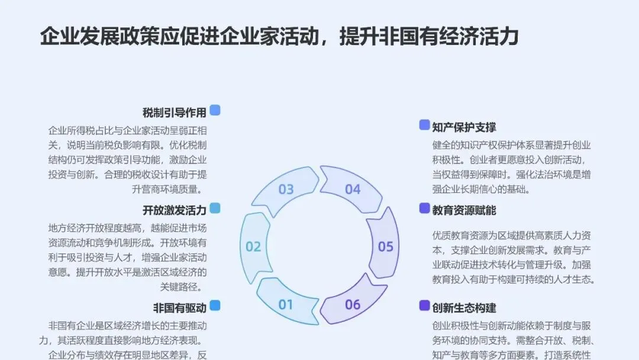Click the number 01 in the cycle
coord(286,305)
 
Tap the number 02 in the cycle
coord(253,247)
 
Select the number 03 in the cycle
coord(286,189)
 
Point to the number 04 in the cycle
coord(353,189)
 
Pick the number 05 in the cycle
coord(386,247)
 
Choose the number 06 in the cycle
coord(353,305)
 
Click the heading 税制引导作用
coord(174,112)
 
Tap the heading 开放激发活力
coord(174,210)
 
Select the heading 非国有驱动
coord(180,308)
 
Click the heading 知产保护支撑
coord(464,127)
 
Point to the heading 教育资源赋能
coord(464,210)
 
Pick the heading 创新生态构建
coord(464,308)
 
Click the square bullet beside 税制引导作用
coord(215,110)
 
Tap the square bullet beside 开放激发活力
coord(215,208)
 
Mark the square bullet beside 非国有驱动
coord(215,306)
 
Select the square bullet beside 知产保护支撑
coord(424,125)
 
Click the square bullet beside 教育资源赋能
coord(424,208)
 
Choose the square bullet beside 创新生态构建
coord(424,306)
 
